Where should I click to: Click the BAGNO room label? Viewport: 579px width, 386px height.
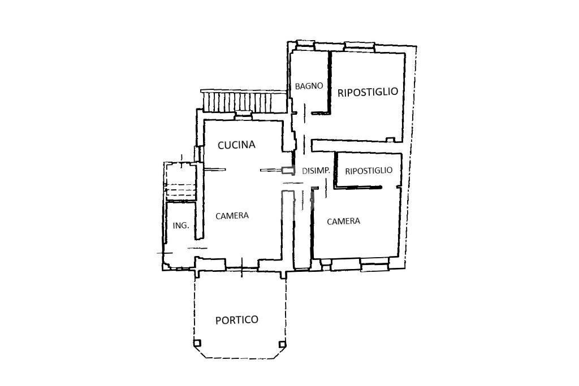coord(309,86)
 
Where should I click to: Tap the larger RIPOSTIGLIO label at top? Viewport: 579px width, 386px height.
coord(368,92)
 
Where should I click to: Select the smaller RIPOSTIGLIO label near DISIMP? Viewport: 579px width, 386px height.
coord(368,170)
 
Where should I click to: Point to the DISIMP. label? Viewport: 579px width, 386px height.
coord(316,171)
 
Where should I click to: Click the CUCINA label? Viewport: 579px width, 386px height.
coord(236,145)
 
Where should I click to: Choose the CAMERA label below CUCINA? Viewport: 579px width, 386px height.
coord(232,215)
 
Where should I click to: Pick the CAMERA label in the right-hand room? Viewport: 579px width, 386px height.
coord(343,221)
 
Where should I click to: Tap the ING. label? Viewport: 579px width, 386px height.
coord(180,225)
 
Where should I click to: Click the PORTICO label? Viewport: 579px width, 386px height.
coord(237,320)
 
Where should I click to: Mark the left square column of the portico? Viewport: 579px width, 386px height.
coord(197,343)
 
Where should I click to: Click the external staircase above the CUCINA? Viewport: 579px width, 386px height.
coord(244,102)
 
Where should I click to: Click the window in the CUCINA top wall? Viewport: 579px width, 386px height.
coord(243,116)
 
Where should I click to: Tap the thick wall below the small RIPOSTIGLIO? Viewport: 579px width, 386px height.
coord(357,187)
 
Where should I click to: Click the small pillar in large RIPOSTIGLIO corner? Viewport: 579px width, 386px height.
coord(390,139)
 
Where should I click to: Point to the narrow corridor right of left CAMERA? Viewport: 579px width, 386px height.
coord(302,229)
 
